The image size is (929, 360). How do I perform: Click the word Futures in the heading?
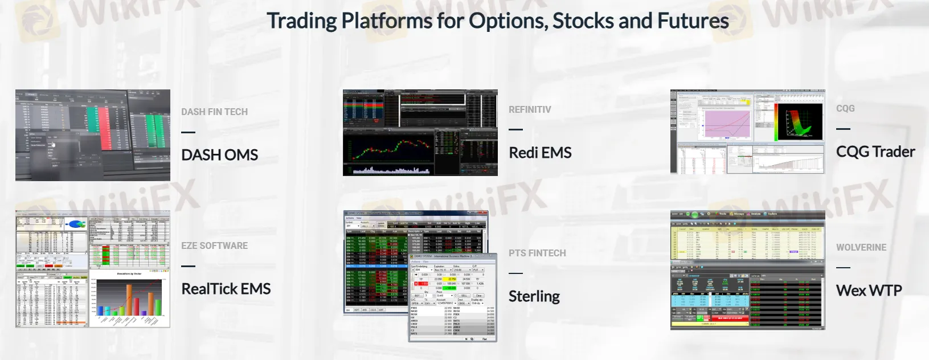(693, 21)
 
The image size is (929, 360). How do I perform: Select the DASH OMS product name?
(219, 155)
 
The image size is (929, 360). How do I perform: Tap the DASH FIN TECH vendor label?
(214, 112)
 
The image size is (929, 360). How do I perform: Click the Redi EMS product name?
(539, 153)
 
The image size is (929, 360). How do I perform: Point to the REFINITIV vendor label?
(530, 109)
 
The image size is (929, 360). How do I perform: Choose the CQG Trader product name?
(875, 152)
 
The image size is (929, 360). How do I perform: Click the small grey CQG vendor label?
(845, 108)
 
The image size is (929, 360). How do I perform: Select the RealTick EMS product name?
(226, 289)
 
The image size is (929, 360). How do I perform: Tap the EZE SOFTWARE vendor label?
(214, 246)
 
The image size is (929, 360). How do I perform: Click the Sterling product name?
(534, 296)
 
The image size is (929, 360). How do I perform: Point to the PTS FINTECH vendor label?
(537, 253)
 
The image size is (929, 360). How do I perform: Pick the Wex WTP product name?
(869, 291)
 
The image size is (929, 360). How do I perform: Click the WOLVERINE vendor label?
(861, 247)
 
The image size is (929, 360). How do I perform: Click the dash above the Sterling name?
(515, 273)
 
